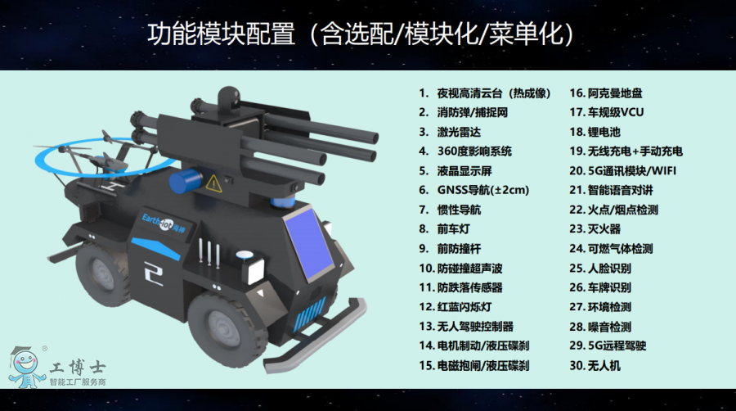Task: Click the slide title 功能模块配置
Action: [222, 34]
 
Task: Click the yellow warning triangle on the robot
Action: [213, 183]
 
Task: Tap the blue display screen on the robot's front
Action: [308, 244]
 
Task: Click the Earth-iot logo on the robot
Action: [164, 223]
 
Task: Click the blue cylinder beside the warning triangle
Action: [185, 181]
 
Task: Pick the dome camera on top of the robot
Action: [229, 99]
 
